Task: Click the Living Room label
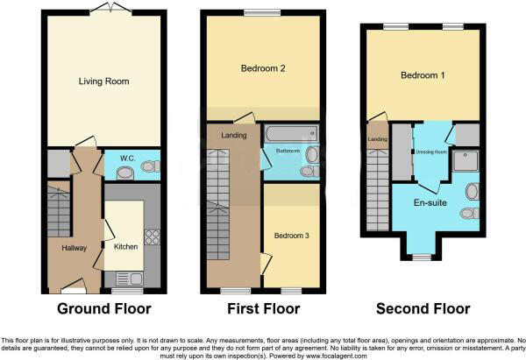(x=104, y=81)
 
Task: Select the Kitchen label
(x=126, y=247)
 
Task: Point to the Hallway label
(x=75, y=248)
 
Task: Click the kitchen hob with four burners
(x=150, y=236)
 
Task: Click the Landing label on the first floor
(x=234, y=135)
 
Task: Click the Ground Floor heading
(x=104, y=309)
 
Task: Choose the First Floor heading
(x=263, y=309)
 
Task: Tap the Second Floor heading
(x=423, y=309)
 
